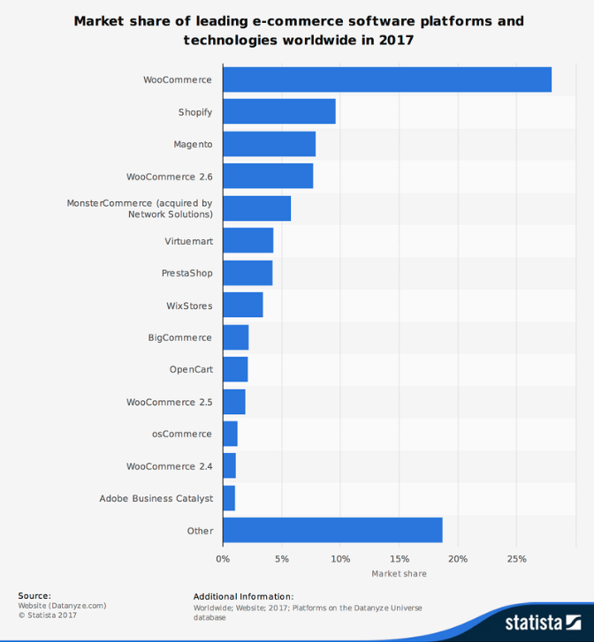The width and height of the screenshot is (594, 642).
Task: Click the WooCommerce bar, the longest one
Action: point(387,79)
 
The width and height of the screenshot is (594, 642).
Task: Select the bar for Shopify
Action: point(279,111)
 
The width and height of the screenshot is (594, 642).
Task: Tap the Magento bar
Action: point(269,144)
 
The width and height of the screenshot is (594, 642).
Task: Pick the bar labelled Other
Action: point(332,530)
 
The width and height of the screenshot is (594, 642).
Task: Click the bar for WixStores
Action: point(243,305)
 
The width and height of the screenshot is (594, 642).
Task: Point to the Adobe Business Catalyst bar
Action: point(229,498)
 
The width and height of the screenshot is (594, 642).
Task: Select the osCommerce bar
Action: point(230,434)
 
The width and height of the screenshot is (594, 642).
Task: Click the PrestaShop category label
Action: point(187,273)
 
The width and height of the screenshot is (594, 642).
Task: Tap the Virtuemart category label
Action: point(188,241)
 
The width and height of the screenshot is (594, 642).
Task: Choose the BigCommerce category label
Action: point(180,337)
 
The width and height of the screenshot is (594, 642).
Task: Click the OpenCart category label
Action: point(191,369)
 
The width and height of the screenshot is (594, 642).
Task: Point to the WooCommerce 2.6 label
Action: point(169,177)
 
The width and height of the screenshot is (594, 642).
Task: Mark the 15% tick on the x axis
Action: point(400,558)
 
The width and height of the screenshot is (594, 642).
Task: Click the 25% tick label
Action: point(517,558)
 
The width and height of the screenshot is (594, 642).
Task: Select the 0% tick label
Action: point(223,558)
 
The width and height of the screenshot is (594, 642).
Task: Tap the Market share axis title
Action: point(399,574)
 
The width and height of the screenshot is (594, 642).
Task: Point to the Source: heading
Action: point(34,596)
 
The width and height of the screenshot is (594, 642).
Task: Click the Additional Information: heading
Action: point(243,596)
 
